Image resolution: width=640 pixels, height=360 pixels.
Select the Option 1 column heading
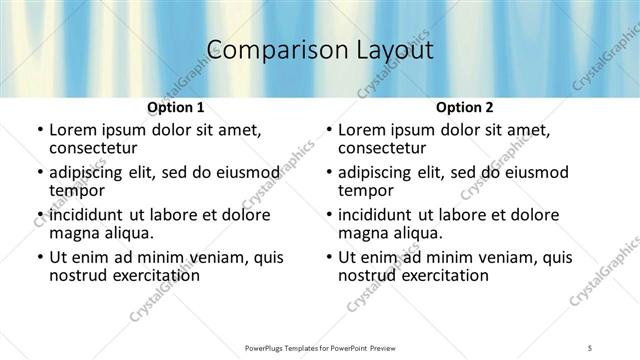coord(176,107)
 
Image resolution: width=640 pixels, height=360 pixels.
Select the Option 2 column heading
coord(465,107)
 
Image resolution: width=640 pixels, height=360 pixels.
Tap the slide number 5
coord(591,347)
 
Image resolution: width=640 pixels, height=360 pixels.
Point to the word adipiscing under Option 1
coord(89,172)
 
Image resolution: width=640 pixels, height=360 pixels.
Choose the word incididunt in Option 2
coord(380,215)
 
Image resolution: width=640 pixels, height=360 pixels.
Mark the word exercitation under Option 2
coord(443,274)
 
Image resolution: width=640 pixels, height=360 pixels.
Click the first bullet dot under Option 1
coord(39,130)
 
